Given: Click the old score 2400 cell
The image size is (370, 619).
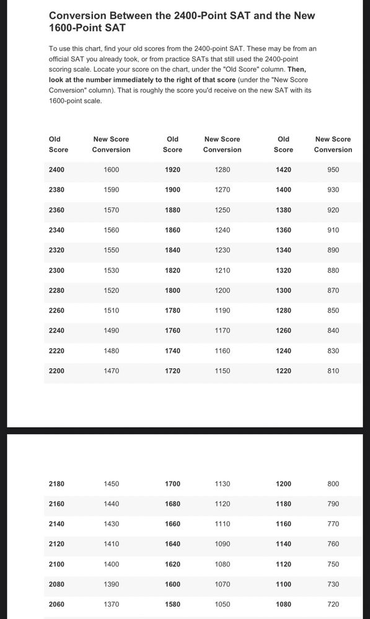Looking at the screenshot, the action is pos(56,170).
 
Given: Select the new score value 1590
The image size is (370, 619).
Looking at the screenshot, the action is pos(112,190).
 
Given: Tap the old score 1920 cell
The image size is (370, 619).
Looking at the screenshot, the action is pos(173,170).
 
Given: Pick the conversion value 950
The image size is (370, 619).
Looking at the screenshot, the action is pos(333,170).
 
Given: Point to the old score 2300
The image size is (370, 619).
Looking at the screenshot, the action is pos(56,271).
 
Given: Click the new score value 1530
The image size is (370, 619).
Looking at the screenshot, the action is pos(112,271).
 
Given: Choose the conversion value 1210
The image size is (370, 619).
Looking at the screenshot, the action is pos(222,271).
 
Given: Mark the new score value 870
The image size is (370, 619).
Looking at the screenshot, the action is pos(333,290).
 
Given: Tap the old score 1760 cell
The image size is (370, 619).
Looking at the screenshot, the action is pos(173,331).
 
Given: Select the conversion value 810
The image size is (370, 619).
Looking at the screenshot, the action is pos(333,371).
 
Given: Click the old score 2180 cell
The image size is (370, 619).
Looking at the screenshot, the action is pos(56,484).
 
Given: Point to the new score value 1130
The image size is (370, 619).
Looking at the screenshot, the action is pos(222,484).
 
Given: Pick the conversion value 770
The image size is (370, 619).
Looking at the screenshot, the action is pos(333,524).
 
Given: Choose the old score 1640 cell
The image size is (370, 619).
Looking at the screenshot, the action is pos(173,544).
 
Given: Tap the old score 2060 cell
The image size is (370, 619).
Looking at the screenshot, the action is pos(56,604).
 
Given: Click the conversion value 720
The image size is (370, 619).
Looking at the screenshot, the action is pos(333,604).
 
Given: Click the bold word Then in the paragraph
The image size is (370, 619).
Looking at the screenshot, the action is pos(296,69).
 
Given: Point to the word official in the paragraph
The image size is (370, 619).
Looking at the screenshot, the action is pos(61,59).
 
